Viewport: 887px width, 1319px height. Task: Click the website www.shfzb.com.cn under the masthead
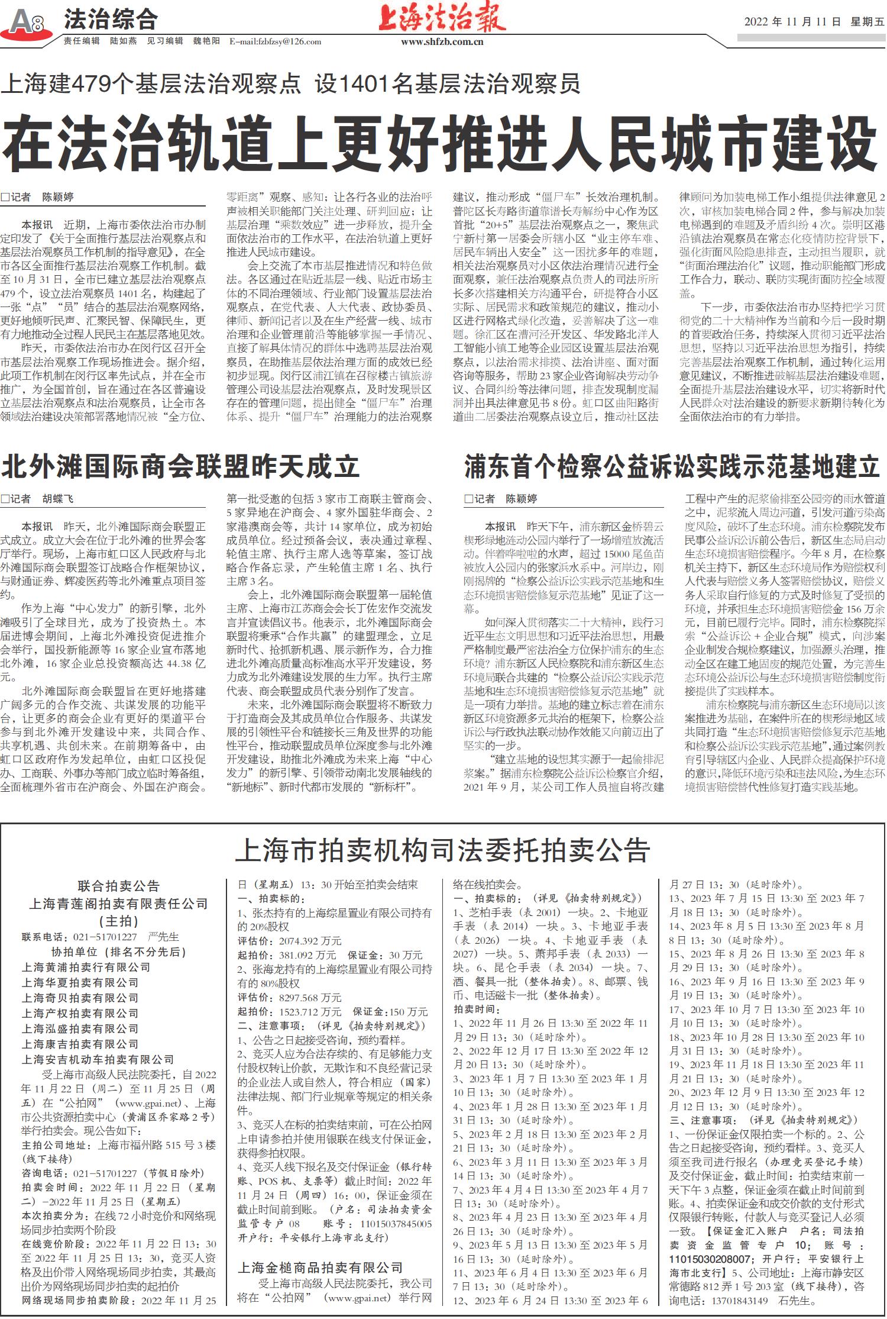point(442,42)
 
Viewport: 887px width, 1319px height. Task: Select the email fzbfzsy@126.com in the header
point(275,41)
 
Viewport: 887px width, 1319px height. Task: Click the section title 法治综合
point(111,20)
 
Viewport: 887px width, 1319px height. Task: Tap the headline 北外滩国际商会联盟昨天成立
point(180,466)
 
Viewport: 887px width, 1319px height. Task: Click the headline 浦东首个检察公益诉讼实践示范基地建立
point(672,466)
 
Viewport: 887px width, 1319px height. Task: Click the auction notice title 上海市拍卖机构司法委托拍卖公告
point(443,850)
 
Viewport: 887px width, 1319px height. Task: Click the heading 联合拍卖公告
point(118,886)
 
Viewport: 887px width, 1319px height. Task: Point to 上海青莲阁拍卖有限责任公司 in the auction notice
point(118,904)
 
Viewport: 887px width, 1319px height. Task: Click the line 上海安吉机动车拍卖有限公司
point(98,1059)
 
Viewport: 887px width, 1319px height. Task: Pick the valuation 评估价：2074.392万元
point(289,941)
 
